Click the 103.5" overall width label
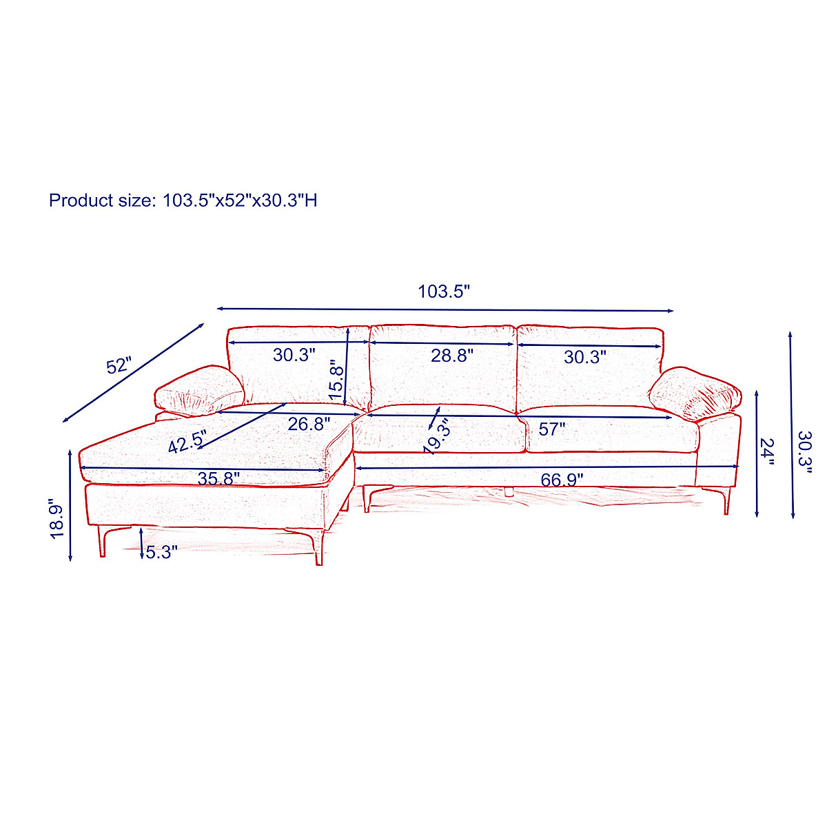click(444, 292)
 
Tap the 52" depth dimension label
click(119, 366)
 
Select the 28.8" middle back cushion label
click(452, 356)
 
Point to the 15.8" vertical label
click(336, 383)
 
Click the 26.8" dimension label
click(309, 424)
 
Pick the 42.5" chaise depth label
click(187, 442)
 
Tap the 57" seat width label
click(552, 429)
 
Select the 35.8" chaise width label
click(218, 478)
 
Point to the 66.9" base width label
click(562, 480)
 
